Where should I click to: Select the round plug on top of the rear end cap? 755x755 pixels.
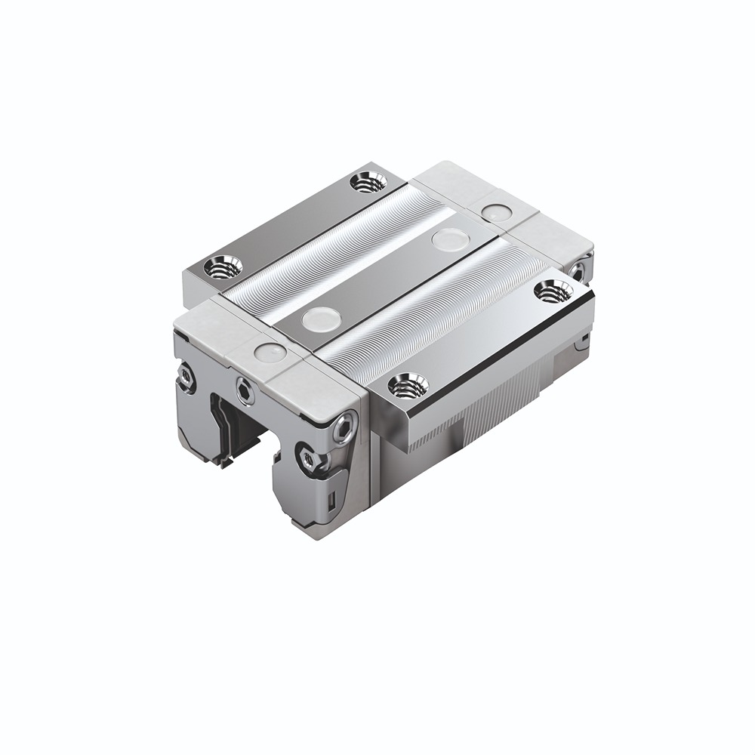(495, 213)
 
